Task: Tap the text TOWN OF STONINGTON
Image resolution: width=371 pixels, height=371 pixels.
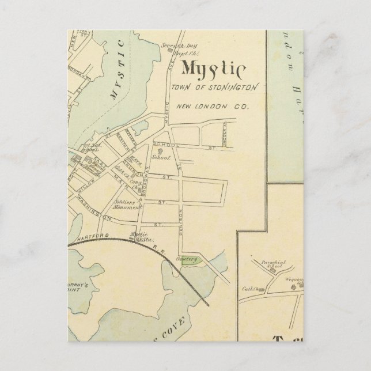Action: tap(214, 87)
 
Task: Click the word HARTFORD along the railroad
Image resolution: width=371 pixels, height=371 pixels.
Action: tap(93, 236)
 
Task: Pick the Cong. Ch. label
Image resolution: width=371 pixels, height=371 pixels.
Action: tap(136, 183)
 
